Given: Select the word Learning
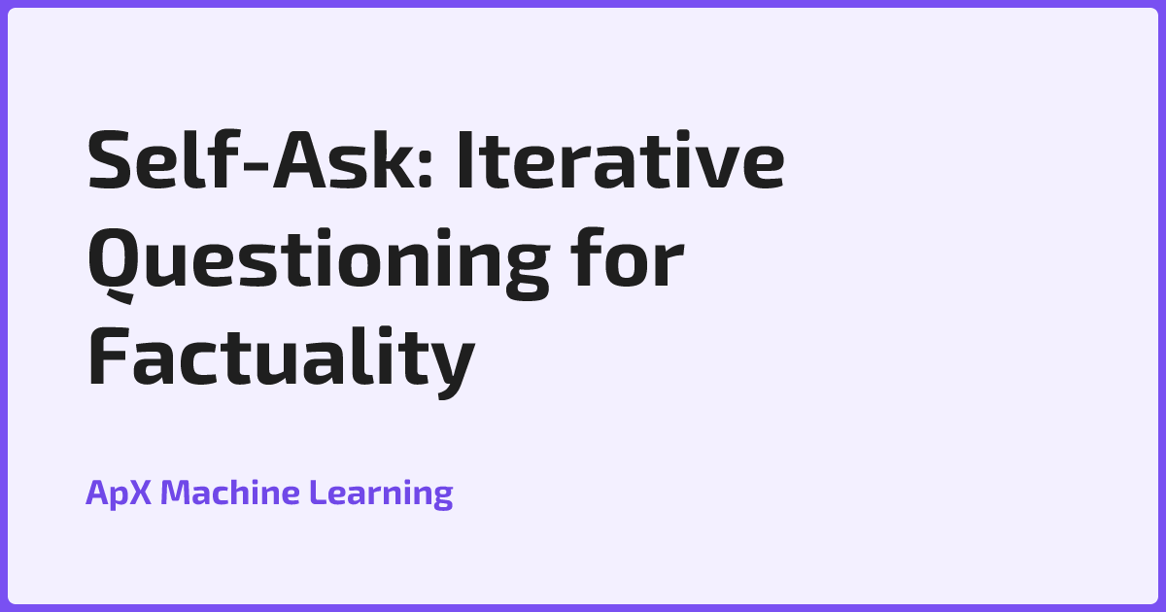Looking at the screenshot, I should (381, 493).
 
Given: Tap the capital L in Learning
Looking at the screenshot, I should (316, 493).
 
